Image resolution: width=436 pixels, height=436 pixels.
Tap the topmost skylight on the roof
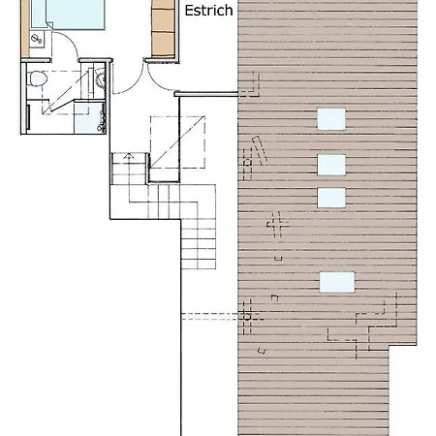pos(331,118)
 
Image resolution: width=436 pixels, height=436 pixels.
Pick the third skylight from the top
pos(331,197)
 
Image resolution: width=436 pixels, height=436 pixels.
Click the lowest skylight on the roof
pos(335,282)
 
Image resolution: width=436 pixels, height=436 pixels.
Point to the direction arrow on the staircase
pos(127,158)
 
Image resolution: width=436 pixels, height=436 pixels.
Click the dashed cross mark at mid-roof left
pos(278,229)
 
